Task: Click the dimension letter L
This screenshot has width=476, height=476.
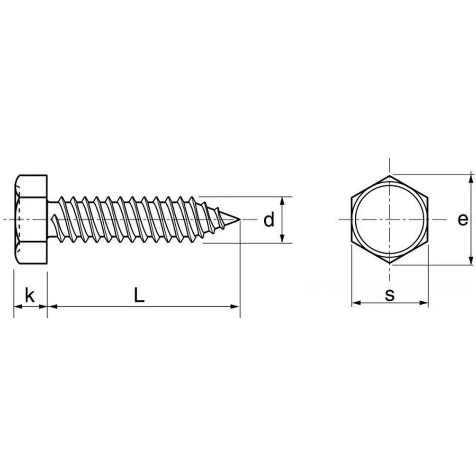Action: click(x=139, y=295)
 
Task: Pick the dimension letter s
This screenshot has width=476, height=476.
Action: click(x=390, y=295)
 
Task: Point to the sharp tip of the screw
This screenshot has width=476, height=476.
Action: click(x=240, y=219)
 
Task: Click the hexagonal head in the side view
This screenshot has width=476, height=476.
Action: click(x=31, y=219)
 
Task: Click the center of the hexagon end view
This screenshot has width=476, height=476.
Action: click(x=390, y=219)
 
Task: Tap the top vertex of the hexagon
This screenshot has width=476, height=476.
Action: click(x=390, y=175)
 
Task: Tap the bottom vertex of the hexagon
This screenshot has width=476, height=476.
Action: click(x=390, y=263)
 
